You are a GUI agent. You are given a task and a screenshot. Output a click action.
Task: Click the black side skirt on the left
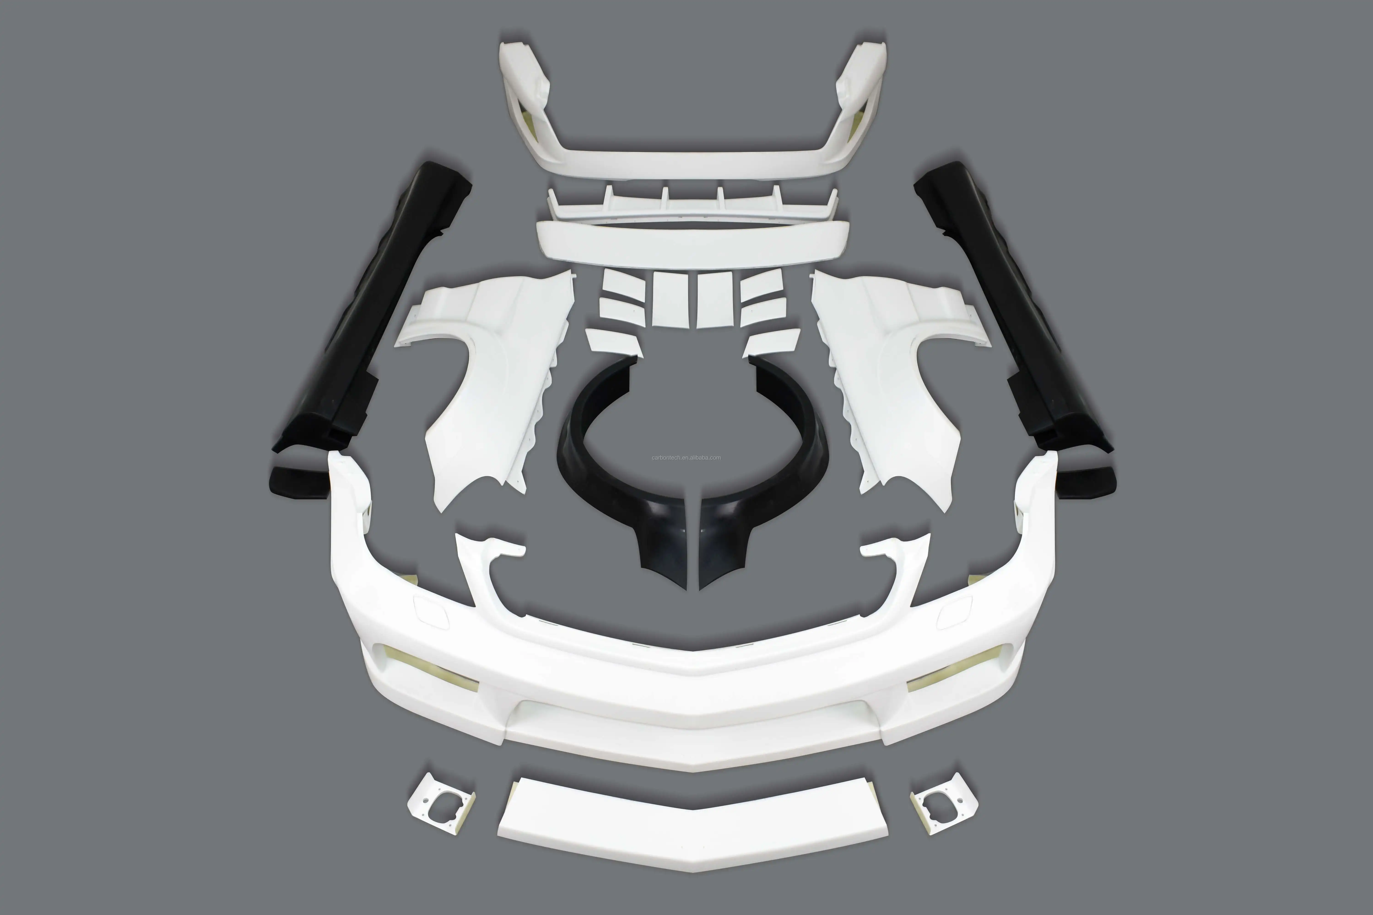tap(374, 315)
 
